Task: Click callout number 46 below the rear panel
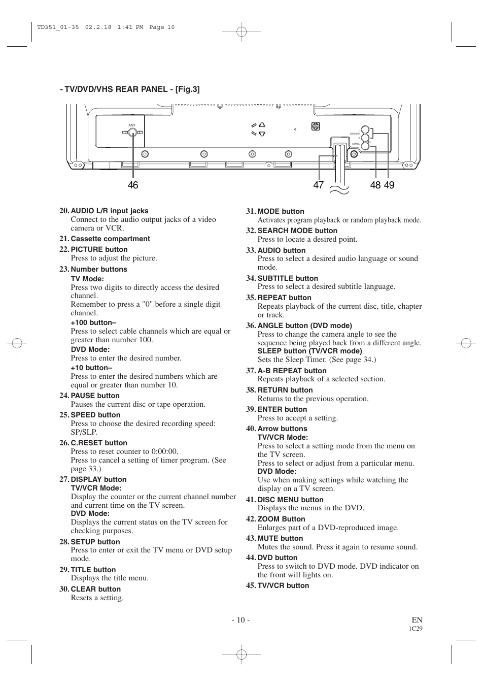pyautogui.click(x=133, y=185)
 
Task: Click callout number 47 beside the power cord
pyautogui.click(x=318, y=185)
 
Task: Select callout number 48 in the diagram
pyautogui.click(x=375, y=185)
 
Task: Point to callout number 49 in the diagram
pyautogui.click(x=389, y=185)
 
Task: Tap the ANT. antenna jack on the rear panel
pyautogui.click(x=132, y=133)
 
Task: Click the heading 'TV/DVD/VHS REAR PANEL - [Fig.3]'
pyautogui.click(x=129, y=89)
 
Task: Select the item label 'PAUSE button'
pyautogui.click(x=95, y=396)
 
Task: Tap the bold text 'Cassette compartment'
pyautogui.click(x=110, y=239)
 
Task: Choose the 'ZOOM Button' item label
pyautogui.click(x=281, y=519)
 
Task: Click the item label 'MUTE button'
pyautogui.click(x=280, y=538)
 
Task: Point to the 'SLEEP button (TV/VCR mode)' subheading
pyautogui.click(x=304, y=351)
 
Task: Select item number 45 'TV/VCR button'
pyautogui.click(x=283, y=585)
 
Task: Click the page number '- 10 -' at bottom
pyautogui.click(x=241, y=620)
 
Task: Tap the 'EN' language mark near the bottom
pyautogui.click(x=417, y=620)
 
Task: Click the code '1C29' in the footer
pyautogui.click(x=416, y=628)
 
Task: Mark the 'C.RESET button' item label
pyautogui.click(x=99, y=443)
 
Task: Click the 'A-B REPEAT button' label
pyautogui.click(x=292, y=371)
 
